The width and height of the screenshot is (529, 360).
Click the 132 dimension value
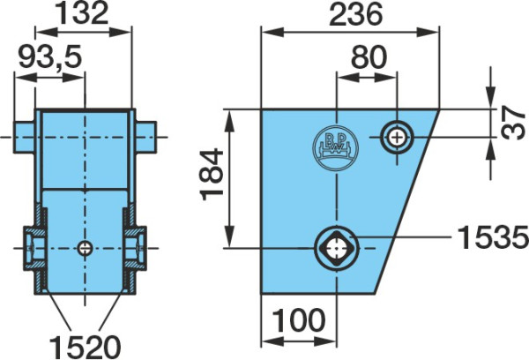(83, 14)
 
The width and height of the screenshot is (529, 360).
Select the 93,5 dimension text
(50, 56)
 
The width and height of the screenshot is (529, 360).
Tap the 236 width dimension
(356, 14)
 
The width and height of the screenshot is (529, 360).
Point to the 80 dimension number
(369, 56)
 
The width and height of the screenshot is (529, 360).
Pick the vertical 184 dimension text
(212, 174)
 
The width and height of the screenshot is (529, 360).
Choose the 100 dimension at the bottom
(299, 320)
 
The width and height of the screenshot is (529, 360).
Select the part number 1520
(85, 347)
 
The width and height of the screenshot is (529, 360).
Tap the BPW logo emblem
(336, 148)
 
